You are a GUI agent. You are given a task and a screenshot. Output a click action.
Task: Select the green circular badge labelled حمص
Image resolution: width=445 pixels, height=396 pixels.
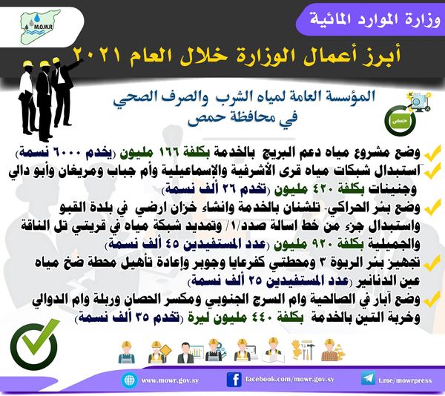pos(400,121)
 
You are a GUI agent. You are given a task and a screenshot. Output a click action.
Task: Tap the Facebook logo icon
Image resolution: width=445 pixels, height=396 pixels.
pos(234,380)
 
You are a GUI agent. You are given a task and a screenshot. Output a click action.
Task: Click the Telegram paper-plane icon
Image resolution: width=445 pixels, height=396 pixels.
pos(368,379)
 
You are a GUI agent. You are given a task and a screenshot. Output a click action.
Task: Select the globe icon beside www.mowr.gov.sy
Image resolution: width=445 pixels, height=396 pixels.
pos(129,380)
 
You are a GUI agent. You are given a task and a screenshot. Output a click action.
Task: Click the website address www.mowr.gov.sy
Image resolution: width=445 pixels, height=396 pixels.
pos(170,380)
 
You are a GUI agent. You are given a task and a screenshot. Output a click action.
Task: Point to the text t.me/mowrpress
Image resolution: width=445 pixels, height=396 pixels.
pos(405,380)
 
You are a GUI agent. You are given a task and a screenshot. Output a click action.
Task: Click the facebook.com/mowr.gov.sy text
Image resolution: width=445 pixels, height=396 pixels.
pos(289,379)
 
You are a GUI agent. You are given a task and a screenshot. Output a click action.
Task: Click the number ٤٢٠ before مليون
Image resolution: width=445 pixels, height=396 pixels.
pos(319,189)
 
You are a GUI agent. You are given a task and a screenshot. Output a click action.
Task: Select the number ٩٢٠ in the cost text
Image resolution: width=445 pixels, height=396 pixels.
pos(318,244)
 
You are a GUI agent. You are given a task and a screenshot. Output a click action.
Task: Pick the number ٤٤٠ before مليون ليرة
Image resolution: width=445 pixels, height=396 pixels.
pos(263,317)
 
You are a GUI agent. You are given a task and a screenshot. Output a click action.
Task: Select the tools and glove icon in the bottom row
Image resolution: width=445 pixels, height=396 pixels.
pos(303,350)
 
